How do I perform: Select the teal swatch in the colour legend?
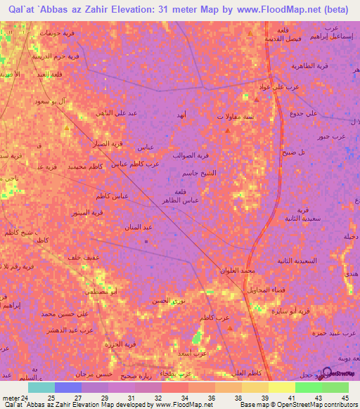pos(41,387)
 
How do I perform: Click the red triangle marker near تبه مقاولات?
pos(226,129)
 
